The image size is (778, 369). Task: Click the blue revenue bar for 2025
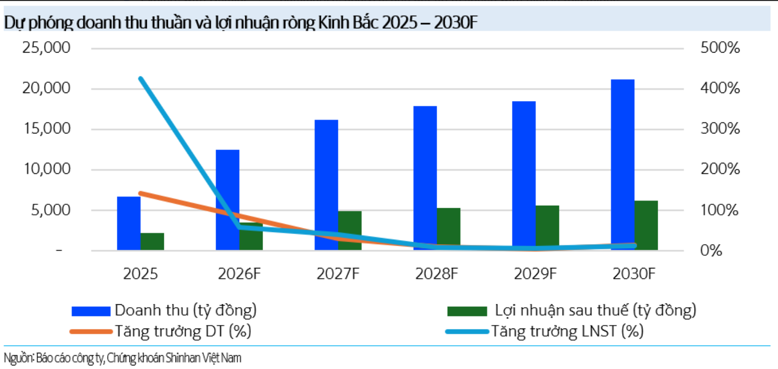[128, 223]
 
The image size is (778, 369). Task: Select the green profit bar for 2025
[152, 241]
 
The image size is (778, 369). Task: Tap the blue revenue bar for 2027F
[326, 184]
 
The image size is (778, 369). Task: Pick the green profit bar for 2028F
[449, 228]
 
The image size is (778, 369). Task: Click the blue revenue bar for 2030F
[623, 164]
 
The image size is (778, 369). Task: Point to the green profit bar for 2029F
[547, 227]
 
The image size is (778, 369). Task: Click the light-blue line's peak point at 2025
[141, 78]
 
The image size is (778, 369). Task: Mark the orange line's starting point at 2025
[141, 193]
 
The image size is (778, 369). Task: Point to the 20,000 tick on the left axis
[46, 88]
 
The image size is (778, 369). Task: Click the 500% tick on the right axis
[720, 49]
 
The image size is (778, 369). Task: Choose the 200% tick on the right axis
[720, 169]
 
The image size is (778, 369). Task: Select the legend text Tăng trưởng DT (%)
[183, 332]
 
